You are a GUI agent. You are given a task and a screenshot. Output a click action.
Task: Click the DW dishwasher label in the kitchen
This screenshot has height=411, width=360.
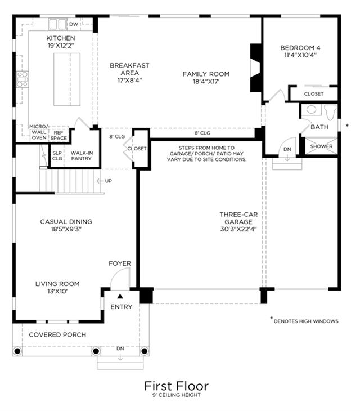coord(74,24)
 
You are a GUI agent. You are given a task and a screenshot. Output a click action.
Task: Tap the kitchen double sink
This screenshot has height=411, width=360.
coord(57,24)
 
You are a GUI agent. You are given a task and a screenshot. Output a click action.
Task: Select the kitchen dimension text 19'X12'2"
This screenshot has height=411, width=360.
coord(61,46)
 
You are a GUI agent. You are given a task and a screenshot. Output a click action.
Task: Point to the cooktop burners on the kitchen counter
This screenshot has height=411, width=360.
coord(22,79)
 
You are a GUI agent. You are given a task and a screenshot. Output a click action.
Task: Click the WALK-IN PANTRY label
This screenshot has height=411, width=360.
coord(82,156)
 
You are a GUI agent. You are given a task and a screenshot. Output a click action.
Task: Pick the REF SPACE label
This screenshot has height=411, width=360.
coord(58,136)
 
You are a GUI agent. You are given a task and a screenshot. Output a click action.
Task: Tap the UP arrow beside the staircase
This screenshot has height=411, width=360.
coord(100,181)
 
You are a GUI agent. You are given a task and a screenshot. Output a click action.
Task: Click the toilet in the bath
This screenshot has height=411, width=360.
coord(330,112)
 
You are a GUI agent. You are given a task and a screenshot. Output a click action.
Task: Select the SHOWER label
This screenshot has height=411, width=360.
coord(321,146)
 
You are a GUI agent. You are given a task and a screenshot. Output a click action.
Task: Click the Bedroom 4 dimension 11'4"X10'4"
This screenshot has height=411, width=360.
coord(300,55)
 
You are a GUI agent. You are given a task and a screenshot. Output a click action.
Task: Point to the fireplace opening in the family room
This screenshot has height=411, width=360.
coord(255,68)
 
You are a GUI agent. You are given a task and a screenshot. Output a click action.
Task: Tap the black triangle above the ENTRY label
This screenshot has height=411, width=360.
coord(120,296)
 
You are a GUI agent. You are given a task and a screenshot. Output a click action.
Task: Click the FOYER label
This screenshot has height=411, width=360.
coord(120,263)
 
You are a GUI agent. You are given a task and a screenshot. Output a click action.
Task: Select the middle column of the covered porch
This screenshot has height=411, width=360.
coord(96,351)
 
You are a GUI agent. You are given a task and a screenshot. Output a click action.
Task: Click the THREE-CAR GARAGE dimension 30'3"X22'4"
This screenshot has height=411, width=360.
coord(238,229)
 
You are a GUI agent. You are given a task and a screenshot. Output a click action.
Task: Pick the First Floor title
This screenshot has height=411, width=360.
coord(176,386)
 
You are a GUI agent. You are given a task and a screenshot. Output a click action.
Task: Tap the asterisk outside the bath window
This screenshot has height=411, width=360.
coord(347,126)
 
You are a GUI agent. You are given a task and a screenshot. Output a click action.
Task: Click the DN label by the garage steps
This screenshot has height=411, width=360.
coord(287,149)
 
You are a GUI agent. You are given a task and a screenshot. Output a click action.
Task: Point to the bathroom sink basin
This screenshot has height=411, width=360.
coord(311,110)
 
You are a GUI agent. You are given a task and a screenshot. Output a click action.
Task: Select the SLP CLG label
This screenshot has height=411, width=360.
coord(57,156)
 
